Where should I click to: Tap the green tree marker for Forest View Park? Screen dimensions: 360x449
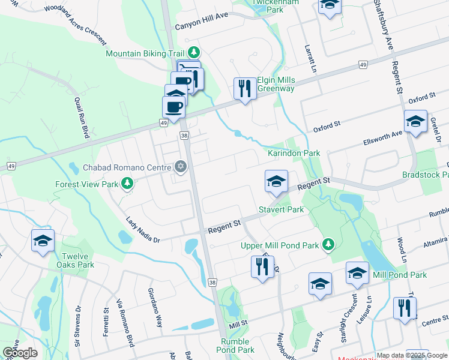tap(127, 183)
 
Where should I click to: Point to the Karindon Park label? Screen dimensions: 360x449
tap(294, 154)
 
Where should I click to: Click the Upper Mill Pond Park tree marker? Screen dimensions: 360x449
tap(328, 245)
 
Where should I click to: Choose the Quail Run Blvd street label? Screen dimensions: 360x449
tap(82, 118)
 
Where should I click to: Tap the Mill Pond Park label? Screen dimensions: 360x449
tap(400, 275)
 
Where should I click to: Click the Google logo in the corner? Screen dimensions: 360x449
tap(20, 353)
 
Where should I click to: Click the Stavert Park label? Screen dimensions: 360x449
tap(282, 209)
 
